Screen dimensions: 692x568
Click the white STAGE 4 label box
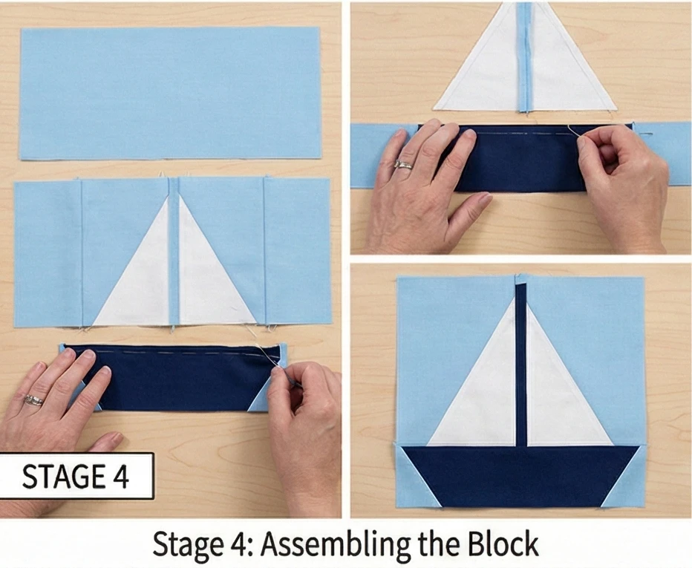pos(76,476)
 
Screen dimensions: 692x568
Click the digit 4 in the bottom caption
pos(238,544)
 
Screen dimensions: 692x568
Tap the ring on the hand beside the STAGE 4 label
pos(34,400)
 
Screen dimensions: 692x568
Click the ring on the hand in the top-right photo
pos(404,165)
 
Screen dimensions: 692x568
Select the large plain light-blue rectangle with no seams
pos(170,93)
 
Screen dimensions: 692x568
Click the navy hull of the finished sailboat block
pos(520,477)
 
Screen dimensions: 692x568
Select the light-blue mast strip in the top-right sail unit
pos(525,56)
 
